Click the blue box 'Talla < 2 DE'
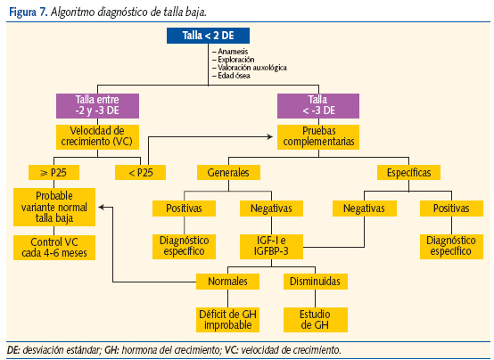pyautogui.click(x=210, y=37)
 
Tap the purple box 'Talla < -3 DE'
pyautogui.click(x=317, y=106)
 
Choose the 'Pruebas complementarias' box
pyautogui.click(x=317, y=136)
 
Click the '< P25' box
pyautogui.click(x=135, y=171)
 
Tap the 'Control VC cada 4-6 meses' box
pyautogui.click(x=54, y=247)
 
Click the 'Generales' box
pyautogui.click(x=228, y=171)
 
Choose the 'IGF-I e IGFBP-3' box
pyautogui.click(x=273, y=247)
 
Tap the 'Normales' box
pyautogui.click(x=228, y=282)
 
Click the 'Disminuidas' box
pyautogui.click(x=313, y=282)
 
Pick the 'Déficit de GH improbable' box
pyautogui.click(x=228, y=319)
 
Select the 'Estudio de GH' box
pyautogui.click(x=313, y=319)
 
